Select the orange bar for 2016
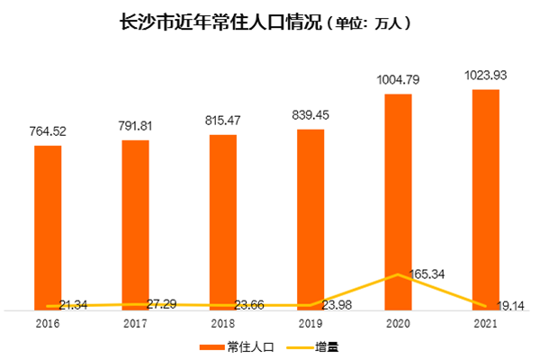tap(49, 225)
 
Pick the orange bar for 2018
tap(223, 220)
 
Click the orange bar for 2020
tap(398, 198)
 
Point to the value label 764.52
tap(49, 131)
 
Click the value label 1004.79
tap(398, 79)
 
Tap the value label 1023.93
tap(485, 75)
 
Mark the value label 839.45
tap(310, 115)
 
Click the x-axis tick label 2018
tap(223, 321)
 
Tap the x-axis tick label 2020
tap(398, 321)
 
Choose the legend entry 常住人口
tap(245, 345)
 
